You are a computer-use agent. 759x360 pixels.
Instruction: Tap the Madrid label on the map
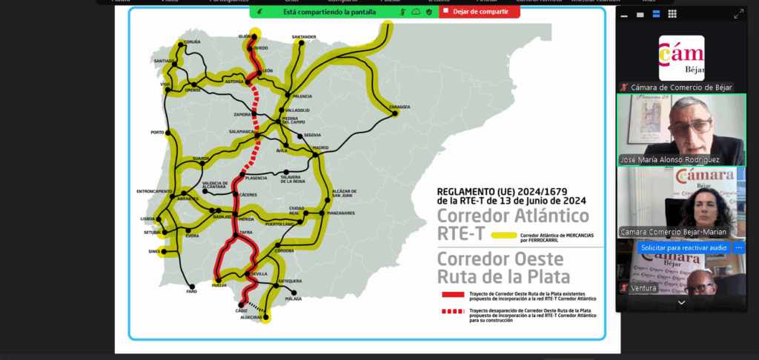[x=320, y=148]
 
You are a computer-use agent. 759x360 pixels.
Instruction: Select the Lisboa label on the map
[x=148, y=219]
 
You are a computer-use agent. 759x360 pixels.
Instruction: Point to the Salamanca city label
[x=241, y=131]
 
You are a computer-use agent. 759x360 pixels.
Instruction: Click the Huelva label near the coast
[x=219, y=284]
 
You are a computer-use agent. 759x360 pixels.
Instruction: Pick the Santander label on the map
[x=304, y=36]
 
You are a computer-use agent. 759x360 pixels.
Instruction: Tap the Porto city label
[x=156, y=133]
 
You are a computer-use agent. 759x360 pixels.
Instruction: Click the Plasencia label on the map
[x=256, y=178]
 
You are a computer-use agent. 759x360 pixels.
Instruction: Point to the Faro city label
[x=191, y=291]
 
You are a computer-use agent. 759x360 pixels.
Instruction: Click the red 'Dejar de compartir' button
[x=480, y=12]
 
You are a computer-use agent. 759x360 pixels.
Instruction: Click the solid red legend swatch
[x=451, y=293]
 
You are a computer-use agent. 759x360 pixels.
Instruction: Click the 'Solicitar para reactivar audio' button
[x=683, y=247]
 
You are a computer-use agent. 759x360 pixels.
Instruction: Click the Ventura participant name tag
[x=643, y=287]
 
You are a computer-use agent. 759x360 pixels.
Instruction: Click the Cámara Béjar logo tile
[x=681, y=58]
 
